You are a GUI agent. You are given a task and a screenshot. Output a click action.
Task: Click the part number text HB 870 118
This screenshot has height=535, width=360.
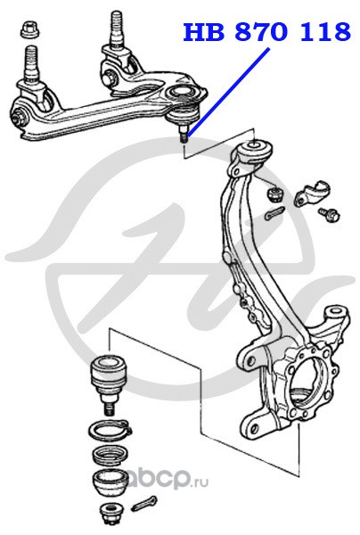pyautogui.click(x=267, y=32)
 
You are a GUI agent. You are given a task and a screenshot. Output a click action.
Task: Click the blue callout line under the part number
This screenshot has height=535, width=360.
pyautogui.click(x=228, y=93)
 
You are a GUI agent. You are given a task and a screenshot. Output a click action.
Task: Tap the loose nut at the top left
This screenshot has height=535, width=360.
pyautogui.click(x=30, y=29)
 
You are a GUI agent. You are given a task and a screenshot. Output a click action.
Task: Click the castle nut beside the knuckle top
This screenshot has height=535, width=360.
pyautogui.click(x=275, y=194)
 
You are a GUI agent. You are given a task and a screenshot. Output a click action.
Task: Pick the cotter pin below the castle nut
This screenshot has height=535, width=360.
pyautogui.click(x=274, y=213)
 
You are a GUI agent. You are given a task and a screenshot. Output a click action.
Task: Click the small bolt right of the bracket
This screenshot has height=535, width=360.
pyautogui.click(x=330, y=214)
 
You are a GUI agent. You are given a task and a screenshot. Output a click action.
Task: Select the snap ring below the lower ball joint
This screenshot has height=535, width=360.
pyautogui.click(x=110, y=432)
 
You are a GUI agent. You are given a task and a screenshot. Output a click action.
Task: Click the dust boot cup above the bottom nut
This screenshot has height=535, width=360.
pyautogui.click(x=109, y=483)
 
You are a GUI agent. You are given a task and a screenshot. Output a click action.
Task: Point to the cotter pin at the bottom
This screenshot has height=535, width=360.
pyautogui.click(x=143, y=503)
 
